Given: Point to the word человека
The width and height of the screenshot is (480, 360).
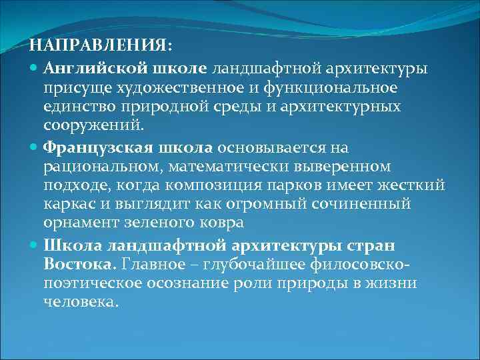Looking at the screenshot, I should point(80,301).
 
